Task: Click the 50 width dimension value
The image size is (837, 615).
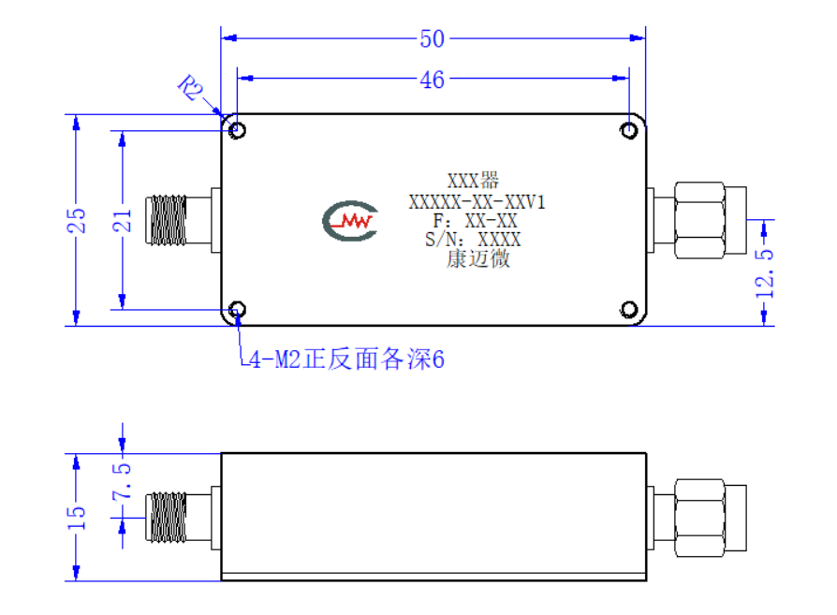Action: (432, 39)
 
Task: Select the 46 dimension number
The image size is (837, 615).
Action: (432, 81)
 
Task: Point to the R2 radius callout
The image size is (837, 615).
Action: (191, 88)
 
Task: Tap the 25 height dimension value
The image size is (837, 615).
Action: (77, 220)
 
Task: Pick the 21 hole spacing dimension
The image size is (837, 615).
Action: (123, 220)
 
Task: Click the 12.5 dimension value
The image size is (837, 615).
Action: (764, 273)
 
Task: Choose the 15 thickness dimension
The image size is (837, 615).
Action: (77, 518)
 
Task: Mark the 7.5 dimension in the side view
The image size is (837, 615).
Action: (123, 481)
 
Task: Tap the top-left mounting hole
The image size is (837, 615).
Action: (237, 130)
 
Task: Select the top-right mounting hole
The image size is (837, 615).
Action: (629, 130)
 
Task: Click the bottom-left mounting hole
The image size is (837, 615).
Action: (237, 310)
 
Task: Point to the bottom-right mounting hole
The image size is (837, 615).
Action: (629, 310)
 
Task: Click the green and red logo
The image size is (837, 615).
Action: (350, 221)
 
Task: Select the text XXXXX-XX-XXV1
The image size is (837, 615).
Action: (477, 202)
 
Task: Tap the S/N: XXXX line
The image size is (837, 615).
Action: (473, 240)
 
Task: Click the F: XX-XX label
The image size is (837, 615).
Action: (475, 221)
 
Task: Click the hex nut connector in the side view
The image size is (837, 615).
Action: (697, 518)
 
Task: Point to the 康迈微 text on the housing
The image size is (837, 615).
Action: (478, 259)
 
